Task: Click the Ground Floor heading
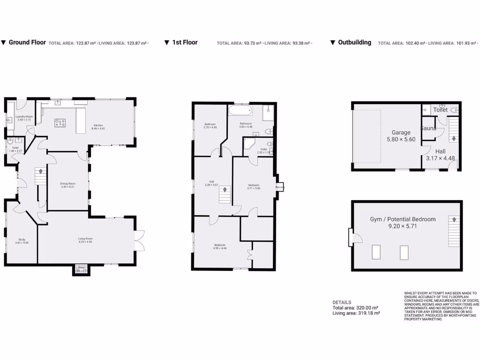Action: pyautogui.click(x=27, y=42)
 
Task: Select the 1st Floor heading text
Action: pyautogui.click(x=185, y=42)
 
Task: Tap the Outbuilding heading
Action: pyautogui.click(x=354, y=42)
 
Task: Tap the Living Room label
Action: pyautogui.click(x=85, y=240)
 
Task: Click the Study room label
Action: pyautogui.click(x=22, y=240)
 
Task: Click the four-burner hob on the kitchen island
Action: pyautogui.click(x=60, y=123)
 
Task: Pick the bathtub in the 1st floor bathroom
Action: pyautogui.click(x=240, y=111)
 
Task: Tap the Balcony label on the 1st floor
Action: pyautogui.click(x=280, y=187)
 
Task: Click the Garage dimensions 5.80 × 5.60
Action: pyautogui.click(x=401, y=139)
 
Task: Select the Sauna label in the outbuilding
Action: pyautogui.click(x=428, y=128)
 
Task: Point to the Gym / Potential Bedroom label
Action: pyautogui.click(x=403, y=219)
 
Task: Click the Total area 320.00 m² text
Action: pyautogui.click(x=354, y=308)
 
